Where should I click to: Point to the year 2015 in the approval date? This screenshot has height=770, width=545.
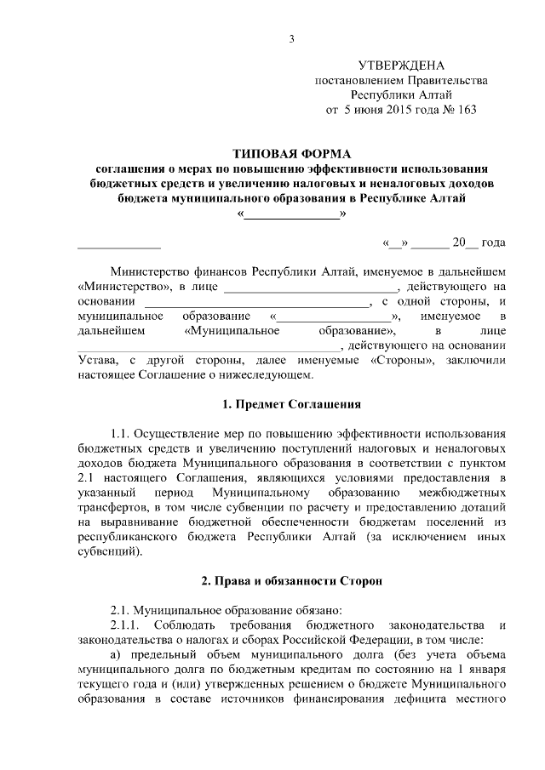[x=401, y=110]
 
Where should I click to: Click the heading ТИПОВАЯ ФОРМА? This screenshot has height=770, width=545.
[x=292, y=153]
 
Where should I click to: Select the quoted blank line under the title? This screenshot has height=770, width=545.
[x=292, y=214]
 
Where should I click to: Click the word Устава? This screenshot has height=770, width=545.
[x=97, y=360]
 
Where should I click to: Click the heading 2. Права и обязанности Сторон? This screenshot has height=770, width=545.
[x=292, y=580]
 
